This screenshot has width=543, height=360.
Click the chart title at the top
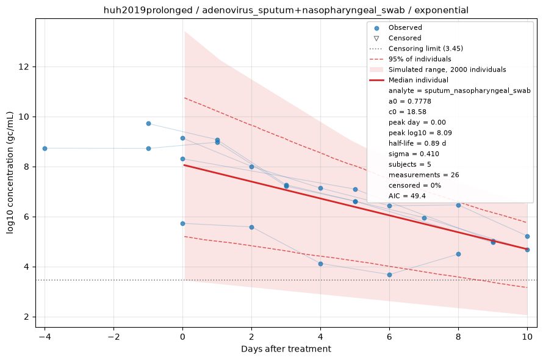(286, 10)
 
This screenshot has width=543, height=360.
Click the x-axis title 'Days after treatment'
(286, 349)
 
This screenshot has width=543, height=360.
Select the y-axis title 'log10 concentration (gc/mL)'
(10, 173)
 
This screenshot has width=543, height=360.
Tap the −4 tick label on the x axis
(45, 337)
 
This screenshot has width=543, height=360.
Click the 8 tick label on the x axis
(458, 337)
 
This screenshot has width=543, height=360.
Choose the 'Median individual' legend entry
(409, 80)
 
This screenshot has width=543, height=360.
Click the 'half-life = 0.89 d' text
(417, 143)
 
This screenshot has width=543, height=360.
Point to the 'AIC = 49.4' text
(407, 196)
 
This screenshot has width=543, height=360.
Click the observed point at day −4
(45, 148)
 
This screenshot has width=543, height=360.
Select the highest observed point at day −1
(149, 123)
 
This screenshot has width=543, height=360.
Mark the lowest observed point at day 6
(389, 275)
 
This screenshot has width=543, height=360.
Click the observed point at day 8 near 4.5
(458, 254)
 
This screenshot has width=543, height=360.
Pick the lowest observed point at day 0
(183, 223)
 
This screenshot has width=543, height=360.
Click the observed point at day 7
(424, 218)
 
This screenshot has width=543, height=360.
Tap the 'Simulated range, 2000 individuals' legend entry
(438, 70)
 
